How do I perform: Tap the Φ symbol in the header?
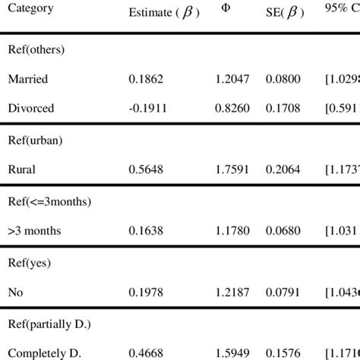click(225, 9)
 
